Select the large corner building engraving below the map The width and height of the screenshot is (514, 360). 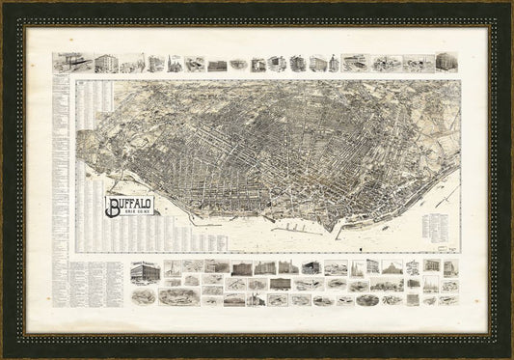144,274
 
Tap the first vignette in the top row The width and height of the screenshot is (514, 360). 68,62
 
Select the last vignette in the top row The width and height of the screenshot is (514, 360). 446,62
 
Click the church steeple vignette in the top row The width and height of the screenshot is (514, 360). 175,63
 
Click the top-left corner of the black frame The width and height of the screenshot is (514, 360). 4,4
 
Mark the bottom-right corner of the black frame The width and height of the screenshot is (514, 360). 509,355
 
